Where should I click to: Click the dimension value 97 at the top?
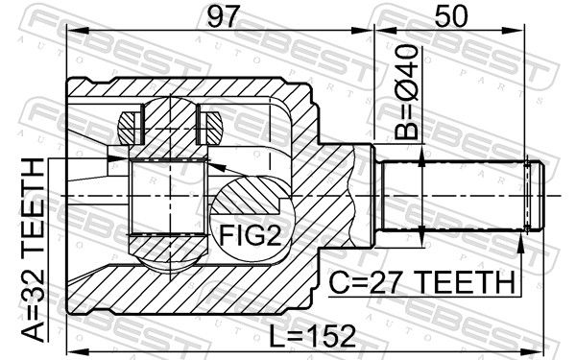pos(224,16)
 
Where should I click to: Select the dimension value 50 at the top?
pos(451,16)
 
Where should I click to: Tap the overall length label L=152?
pos(313,336)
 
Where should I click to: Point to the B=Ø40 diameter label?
pos(406,92)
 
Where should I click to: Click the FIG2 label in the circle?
pos(251,235)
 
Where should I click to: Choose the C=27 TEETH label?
pos(421,282)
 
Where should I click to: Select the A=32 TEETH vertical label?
pos(33,250)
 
